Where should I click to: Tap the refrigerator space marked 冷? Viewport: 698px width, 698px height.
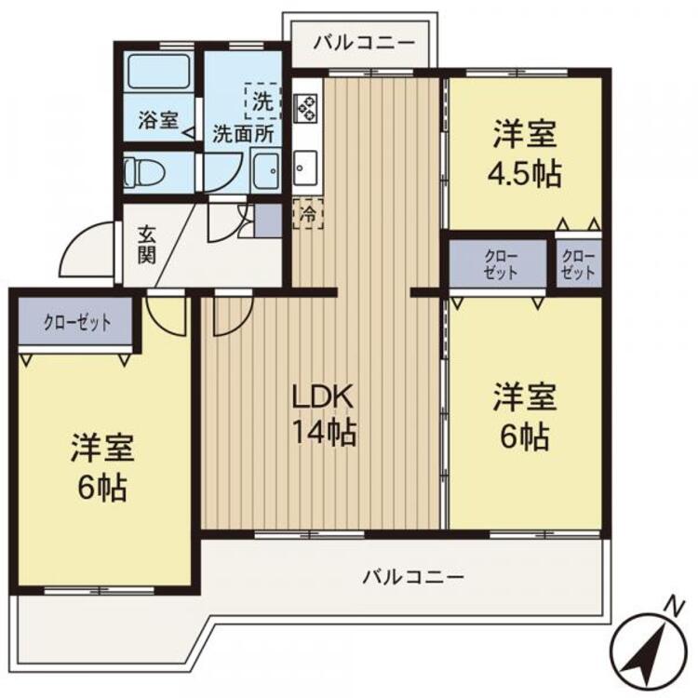click(306, 213)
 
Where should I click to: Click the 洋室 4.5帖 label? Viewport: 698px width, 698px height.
click(526, 154)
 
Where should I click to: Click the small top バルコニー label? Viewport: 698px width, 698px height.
click(357, 41)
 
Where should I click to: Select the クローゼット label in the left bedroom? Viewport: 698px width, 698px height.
click(77, 323)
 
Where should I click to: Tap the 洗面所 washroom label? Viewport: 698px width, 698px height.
click(243, 133)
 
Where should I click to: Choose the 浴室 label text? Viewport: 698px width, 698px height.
click(157, 120)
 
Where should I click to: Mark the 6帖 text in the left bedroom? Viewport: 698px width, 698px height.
click(101, 487)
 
